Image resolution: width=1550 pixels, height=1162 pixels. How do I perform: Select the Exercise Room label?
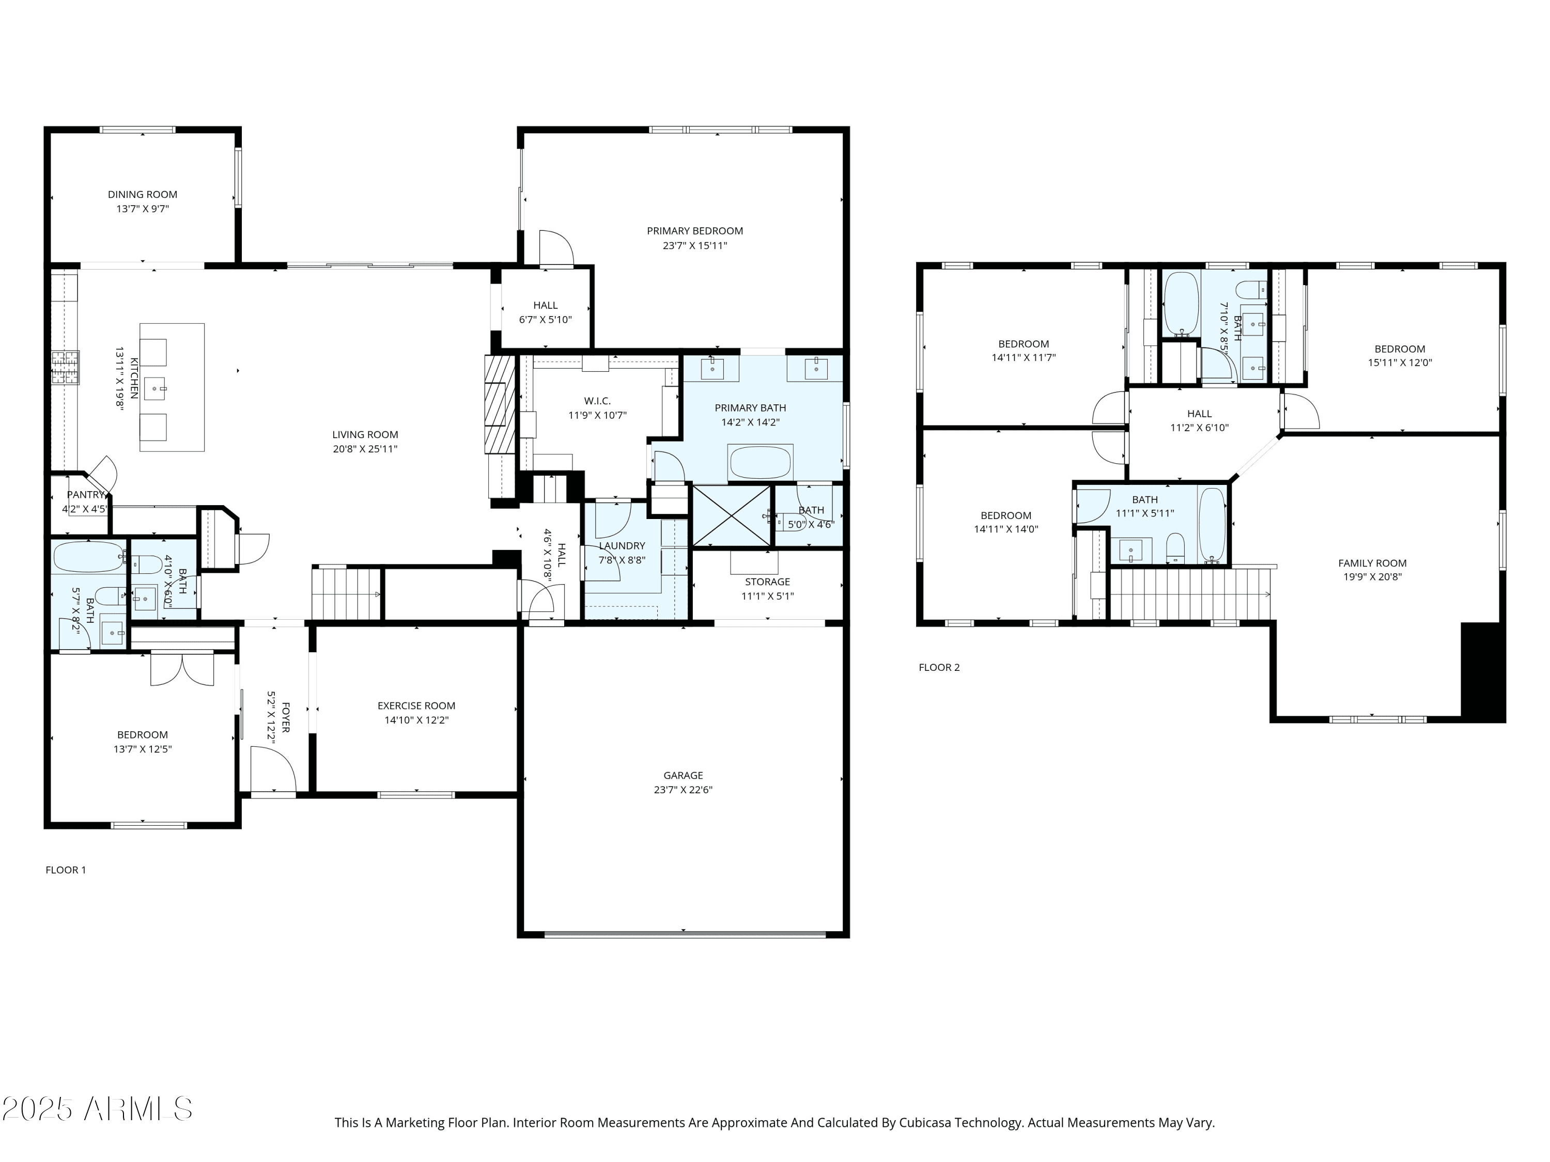click(416, 706)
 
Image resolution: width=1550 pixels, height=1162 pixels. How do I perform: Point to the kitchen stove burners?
click(65, 367)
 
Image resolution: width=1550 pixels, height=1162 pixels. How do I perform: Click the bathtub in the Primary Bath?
click(761, 462)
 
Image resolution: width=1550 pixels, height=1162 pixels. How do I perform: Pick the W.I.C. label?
click(597, 401)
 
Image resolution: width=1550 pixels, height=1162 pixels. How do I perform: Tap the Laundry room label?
click(622, 546)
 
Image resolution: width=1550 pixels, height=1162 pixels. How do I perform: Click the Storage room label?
click(767, 582)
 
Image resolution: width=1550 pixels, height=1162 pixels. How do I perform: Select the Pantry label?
click(85, 495)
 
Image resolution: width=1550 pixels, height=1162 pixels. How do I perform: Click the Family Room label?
click(1372, 563)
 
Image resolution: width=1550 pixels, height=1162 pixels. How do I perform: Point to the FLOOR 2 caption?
click(939, 667)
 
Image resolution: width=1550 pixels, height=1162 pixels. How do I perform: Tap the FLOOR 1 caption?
click(66, 870)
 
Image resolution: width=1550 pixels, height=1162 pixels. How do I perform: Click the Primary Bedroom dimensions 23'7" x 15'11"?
click(695, 246)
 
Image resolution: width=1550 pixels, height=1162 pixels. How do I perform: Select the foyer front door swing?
click(273, 769)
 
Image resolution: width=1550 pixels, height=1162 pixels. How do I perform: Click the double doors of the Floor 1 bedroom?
click(182, 669)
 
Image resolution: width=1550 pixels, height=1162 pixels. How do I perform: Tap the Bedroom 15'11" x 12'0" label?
click(1400, 349)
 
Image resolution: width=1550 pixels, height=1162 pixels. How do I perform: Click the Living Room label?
click(365, 435)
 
